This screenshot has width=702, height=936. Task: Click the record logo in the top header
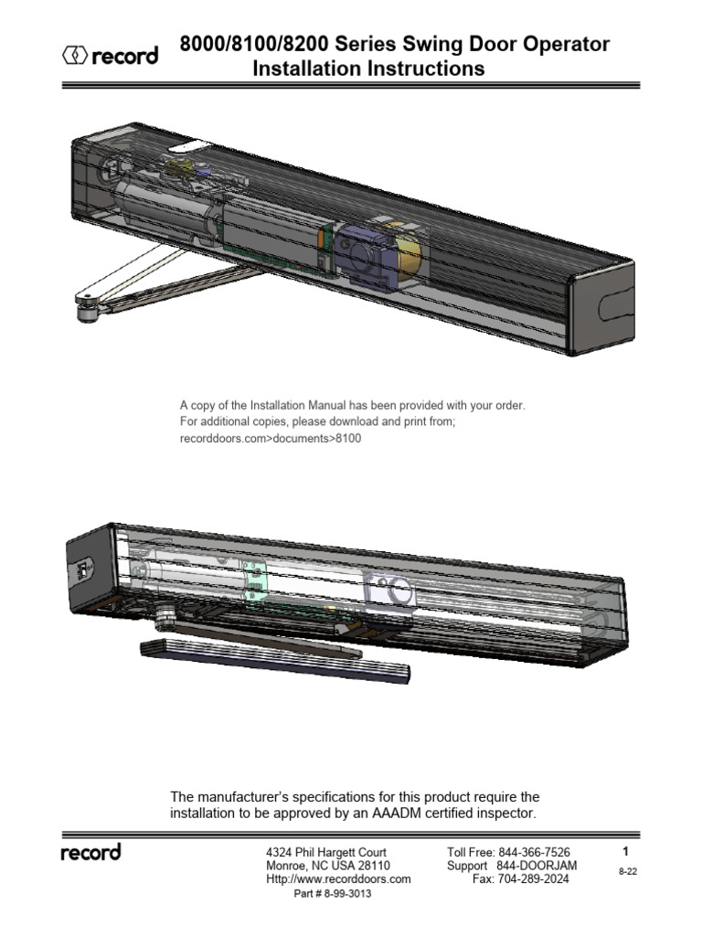(x=109, y=57)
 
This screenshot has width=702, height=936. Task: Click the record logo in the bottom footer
(x=90, y=853)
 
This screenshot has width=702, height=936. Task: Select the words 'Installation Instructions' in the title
(x=368, y=69)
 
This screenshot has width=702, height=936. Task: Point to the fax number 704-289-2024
(x=536, y=878)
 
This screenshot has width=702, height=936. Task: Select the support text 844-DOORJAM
(x=534, y=866)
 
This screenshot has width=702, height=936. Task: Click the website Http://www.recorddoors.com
(x=337, y=878)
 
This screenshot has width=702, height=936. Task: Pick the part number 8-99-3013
(x=332, y=893)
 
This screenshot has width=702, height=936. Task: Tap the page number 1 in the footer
(x=625, y=851)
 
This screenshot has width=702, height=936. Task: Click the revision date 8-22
(x=627, y=872)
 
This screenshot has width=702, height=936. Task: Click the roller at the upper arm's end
(x=89, y=312)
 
